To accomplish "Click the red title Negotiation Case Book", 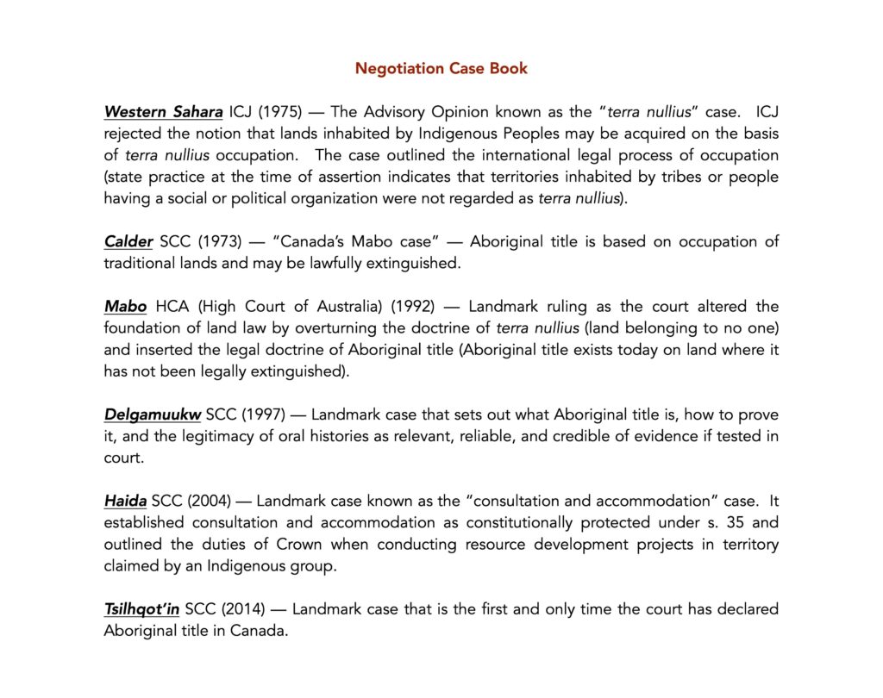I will (x=441, y=68).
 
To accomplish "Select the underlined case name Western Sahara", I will (x=163, y=112).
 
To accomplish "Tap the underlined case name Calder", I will (x=128, y=241).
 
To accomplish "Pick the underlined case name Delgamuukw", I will (x=153, y=414).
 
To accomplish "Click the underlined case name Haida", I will (x=125, y=501).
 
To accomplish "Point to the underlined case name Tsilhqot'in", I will (x=141, y=609).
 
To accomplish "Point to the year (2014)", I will (x=245, y=609).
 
